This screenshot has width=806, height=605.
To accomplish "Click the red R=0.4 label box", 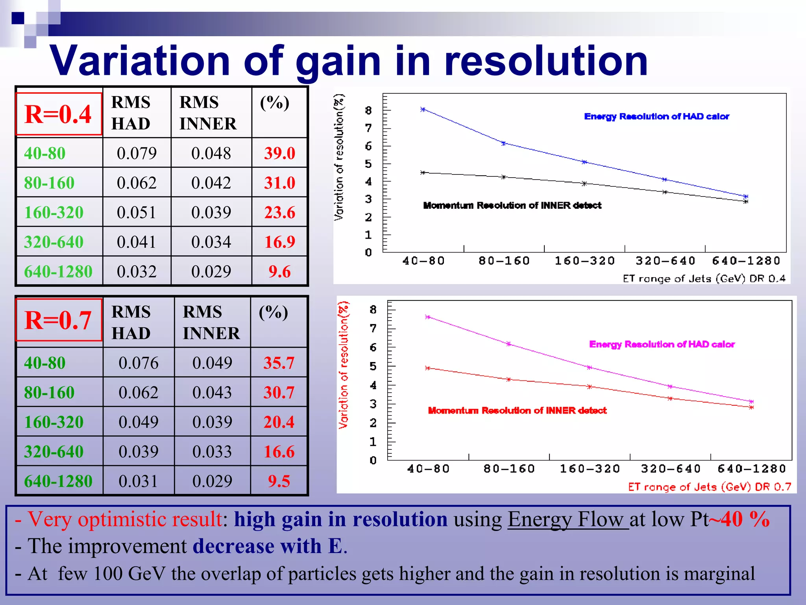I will coord(59,114).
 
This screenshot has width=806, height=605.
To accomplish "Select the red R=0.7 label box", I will coord(59,320).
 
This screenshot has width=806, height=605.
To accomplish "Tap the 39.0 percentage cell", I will coord(279,153).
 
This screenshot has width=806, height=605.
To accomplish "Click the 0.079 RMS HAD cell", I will coord(137,153).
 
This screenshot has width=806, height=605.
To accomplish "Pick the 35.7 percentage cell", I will coord(279,363).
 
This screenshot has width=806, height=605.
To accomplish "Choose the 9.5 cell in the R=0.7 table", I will coord(279,481).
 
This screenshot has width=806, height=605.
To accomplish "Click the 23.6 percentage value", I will coord(279,212).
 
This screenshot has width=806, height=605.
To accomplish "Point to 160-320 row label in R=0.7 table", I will coord(54,422).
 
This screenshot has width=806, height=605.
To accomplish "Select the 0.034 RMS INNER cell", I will coord(211,242).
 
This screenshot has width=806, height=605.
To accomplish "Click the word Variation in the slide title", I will coord(140,61).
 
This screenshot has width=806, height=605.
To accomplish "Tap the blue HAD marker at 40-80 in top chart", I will coord(423,109).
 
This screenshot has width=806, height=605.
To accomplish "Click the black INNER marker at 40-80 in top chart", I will coord(423,173).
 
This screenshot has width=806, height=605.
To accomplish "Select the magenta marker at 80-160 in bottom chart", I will coord(508,344).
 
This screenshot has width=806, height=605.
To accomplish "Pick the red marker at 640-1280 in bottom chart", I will coord(751,407).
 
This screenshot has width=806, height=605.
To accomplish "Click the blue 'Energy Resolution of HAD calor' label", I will coord(656,117).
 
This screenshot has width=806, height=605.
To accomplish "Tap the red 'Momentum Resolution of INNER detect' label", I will coord(517,410).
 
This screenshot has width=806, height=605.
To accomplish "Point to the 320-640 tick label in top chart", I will coord(666,261).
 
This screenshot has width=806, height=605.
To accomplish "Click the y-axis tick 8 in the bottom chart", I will coord(373,310).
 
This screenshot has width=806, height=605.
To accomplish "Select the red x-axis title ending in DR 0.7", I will coord(709,487).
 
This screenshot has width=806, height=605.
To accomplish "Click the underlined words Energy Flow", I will coord(568,520).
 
